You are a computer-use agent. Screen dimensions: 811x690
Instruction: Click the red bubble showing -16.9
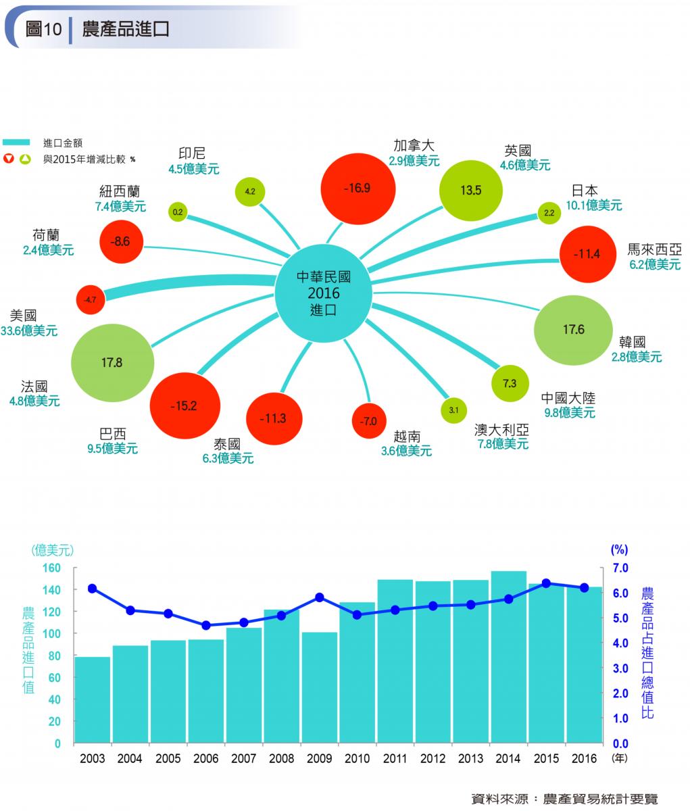click(357, 189)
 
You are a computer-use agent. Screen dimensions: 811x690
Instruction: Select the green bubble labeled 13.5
click(470, 190)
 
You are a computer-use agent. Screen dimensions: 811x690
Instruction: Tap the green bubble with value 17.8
click(112, 363)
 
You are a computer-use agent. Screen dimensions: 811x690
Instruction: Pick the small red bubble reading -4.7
click(91, 299)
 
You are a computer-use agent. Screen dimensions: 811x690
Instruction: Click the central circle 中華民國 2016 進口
click(324, 294)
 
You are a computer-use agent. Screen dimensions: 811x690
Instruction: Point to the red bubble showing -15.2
click(184, 406)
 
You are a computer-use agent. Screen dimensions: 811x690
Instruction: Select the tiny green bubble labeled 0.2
click(178, 212)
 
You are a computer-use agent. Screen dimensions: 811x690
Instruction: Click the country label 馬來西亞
click(654, 249)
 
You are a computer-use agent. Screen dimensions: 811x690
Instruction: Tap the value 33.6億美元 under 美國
click(29, 331)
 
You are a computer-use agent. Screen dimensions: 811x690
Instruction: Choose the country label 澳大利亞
click(501, 430)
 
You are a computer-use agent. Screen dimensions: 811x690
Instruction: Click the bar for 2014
click(508, 657)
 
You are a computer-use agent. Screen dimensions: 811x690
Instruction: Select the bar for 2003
click(93, 699)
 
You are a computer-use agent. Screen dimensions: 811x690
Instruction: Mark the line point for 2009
click(320, 597)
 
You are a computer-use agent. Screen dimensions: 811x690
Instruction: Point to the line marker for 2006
click(206, 625)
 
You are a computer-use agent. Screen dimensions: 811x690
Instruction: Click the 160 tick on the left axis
click(53, 568)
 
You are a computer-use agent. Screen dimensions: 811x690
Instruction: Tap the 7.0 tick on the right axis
click(620, 568)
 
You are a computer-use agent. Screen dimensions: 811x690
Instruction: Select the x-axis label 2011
click(395, 758)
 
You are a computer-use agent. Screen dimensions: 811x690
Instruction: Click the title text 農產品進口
click(126, 29)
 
